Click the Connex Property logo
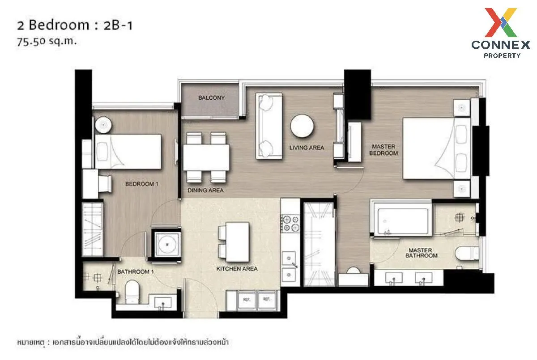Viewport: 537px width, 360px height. click(x=500, y=33)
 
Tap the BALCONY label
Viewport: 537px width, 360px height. click(x=211, y=98)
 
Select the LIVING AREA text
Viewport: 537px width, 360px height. click(x=307, y=148)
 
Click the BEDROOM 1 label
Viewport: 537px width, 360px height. click(x=141, y=184)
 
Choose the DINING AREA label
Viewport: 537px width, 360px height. click(x=205, y=190)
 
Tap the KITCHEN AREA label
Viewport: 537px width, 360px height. click(x=237, y=269)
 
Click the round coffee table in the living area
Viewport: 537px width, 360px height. click(x=302, y=126)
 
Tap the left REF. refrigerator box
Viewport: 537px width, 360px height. click(x=246, y=299)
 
